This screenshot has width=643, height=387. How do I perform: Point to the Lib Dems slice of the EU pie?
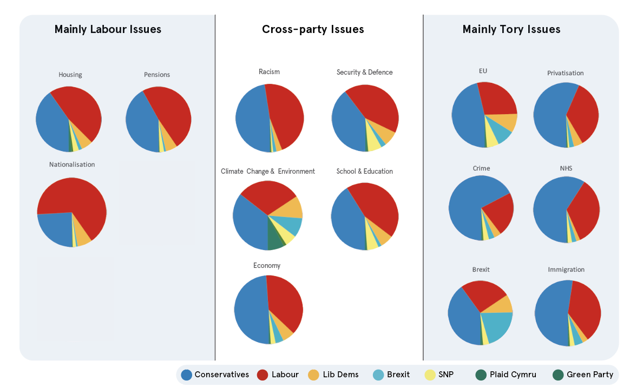click(506, 121)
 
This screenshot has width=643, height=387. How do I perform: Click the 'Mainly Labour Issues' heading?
click(108, 29)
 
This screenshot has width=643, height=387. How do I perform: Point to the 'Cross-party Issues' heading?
click(313, 29)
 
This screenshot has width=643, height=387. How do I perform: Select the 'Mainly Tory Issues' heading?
click(511, 29)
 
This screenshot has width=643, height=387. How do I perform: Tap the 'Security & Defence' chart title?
click(364, 72)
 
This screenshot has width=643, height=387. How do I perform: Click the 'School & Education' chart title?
click(364, 171)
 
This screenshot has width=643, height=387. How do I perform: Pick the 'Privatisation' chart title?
click(565, 73)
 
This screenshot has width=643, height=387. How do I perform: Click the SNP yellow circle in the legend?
click(430, 375)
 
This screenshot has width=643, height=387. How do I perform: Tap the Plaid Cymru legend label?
click(513, 375)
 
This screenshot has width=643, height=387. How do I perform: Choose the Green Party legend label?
click(590, 375)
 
